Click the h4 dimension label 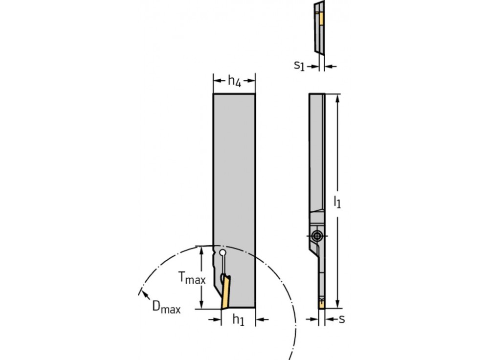235,82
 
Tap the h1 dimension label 238,320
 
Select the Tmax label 191,278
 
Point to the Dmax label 166,307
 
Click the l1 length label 337,201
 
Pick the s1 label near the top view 299,66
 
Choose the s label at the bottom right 342,319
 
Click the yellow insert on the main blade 226,292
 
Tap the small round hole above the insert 223,253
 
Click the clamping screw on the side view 317,236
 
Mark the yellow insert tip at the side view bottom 321,304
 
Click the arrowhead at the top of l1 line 337,97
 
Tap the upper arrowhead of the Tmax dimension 201,249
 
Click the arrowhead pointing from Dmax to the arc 141,292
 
